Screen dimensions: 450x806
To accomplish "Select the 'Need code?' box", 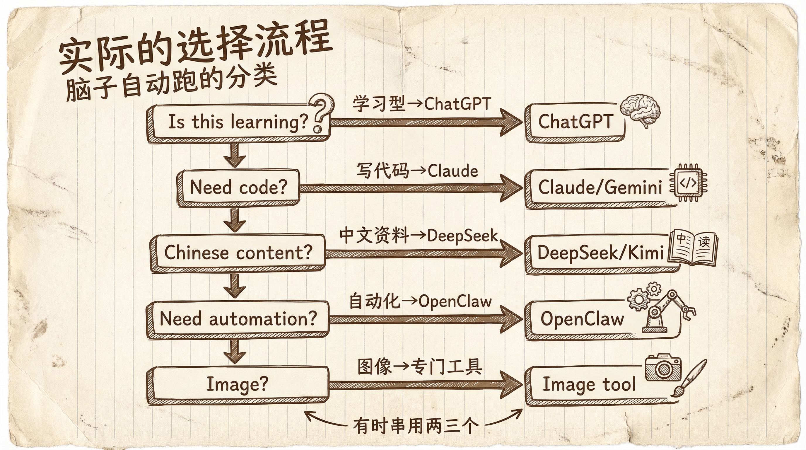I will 238,187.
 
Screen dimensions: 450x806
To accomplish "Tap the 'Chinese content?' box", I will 238,253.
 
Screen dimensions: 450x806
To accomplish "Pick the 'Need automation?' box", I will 238,318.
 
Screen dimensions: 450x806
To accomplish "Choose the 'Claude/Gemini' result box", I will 600,188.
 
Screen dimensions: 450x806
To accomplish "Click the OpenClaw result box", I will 582,319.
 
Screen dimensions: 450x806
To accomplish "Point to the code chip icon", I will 688,183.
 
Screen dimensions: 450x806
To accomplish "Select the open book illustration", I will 693,249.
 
